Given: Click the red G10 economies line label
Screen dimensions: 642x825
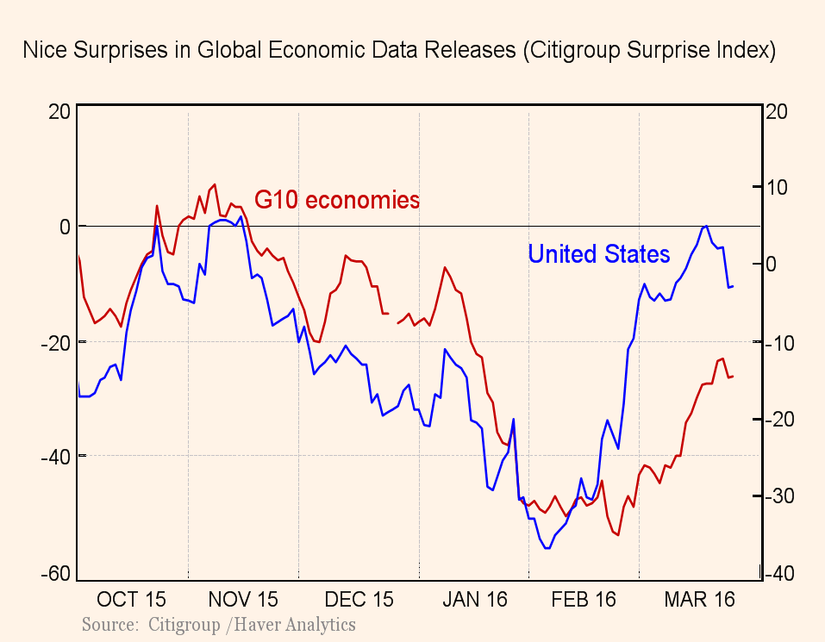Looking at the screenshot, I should click(x=336, y=201).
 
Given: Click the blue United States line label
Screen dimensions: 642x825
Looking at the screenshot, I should click(x=598, y=254).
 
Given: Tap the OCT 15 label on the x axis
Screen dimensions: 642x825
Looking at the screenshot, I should click(x=131, y=599).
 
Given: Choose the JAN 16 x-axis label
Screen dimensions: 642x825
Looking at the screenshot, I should click(x=474, y=599).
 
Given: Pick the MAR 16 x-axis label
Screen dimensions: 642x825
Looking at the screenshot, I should click(x=699, y=599).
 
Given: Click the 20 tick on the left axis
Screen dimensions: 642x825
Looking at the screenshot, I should click(x=59, y=112).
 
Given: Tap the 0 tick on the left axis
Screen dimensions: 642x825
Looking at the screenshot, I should click(x=65, y=227).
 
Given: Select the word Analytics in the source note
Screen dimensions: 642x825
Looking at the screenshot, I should click(x=315, y=624).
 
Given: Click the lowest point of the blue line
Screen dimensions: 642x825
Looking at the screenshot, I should click(x=547, y=548).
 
